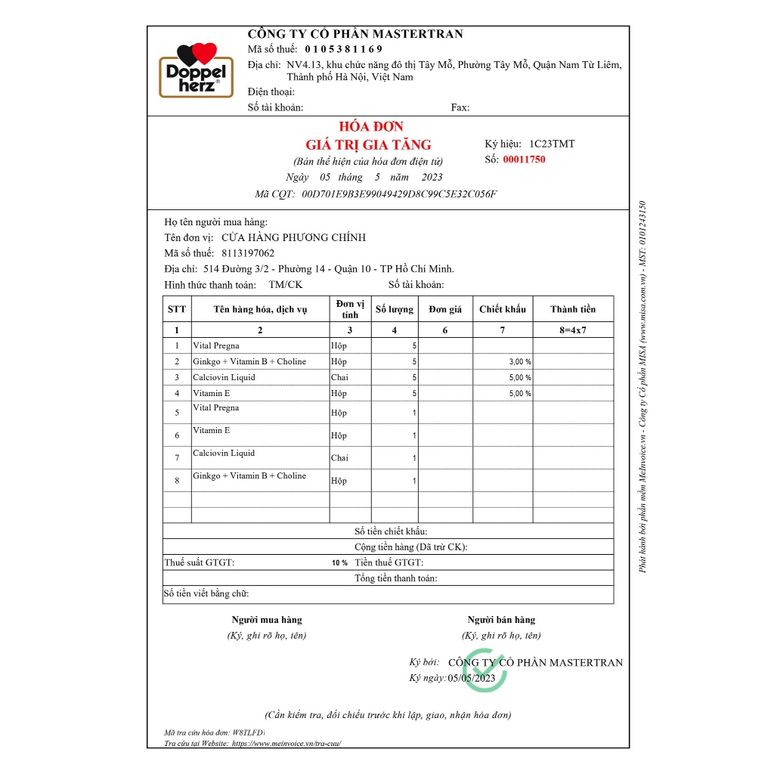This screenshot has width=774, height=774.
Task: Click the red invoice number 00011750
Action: (x=524, y=159)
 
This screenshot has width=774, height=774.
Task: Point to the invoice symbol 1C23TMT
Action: (x=552, y=144)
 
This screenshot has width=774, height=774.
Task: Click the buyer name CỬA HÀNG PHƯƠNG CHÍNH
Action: (x=288, y=237)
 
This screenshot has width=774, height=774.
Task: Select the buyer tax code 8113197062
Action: (x=248, y=253)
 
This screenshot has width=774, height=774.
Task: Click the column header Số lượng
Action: (x=395, y=309)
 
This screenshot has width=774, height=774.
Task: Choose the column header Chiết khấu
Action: (x=503, y=309)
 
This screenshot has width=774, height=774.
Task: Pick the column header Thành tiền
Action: (x=573, y=309)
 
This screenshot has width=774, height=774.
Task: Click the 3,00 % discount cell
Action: (x=520, y=362)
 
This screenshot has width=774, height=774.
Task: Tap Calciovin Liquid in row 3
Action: (x=224, y=377)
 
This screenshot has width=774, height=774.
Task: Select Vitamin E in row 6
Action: (x=212, y=430)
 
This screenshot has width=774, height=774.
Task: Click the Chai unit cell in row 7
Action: (x=340, y=458)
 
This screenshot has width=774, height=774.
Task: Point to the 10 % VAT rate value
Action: (x=339, y=563)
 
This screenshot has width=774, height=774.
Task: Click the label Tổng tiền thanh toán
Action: (x=395, y=578)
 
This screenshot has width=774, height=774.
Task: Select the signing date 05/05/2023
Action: (x=472, y=678)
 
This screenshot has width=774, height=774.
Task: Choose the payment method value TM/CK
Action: (x=286, y=285)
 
